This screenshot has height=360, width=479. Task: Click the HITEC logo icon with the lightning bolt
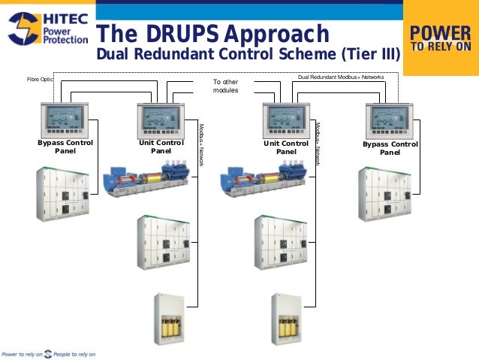tap(22, 29)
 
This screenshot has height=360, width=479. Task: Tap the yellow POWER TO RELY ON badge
tap(441, 38)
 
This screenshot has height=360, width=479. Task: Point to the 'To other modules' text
tap(225, 86)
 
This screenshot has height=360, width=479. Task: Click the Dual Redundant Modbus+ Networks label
tap(341, 77)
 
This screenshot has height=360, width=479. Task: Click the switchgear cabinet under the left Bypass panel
tap(63, 195)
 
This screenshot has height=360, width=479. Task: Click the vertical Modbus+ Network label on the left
tap(201, 144)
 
